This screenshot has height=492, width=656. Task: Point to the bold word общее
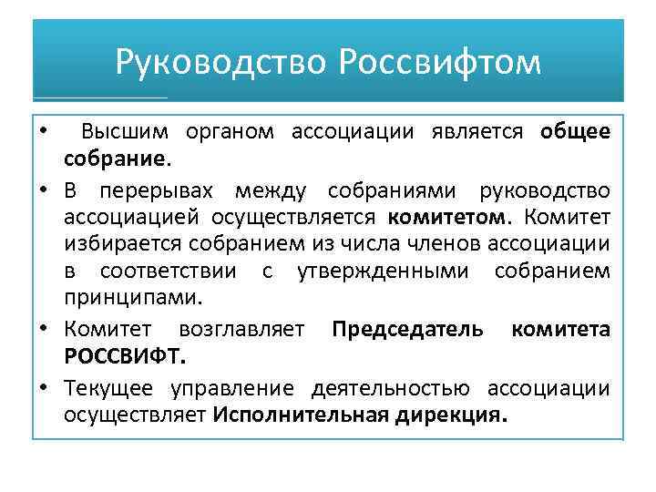[575, 132]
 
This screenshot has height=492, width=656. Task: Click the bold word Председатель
[407, 329]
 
